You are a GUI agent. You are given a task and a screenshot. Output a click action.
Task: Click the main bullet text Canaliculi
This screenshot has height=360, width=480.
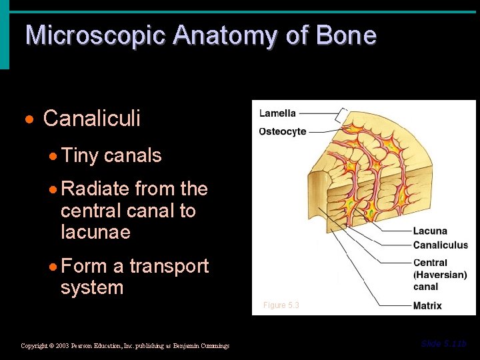92,119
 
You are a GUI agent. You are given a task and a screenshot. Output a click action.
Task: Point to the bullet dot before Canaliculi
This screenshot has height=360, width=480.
29,120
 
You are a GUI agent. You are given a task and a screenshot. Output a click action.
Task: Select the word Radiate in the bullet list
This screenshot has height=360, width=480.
95,189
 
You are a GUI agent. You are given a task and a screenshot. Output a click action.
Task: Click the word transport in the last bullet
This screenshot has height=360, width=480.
169,266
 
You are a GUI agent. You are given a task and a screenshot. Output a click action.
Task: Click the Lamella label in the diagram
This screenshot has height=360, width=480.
277,113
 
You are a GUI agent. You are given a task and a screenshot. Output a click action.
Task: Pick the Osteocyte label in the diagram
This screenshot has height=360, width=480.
283,131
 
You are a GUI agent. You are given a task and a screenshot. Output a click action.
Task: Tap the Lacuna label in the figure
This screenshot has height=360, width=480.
430,231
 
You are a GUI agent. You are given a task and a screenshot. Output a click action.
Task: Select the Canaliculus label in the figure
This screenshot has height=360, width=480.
441,245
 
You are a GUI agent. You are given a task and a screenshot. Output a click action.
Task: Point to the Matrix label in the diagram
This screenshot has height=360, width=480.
427,306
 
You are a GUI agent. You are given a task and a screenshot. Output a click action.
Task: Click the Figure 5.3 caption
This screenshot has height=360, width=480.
281,305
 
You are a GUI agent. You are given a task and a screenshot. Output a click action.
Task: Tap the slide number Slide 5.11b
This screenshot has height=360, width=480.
444,344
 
